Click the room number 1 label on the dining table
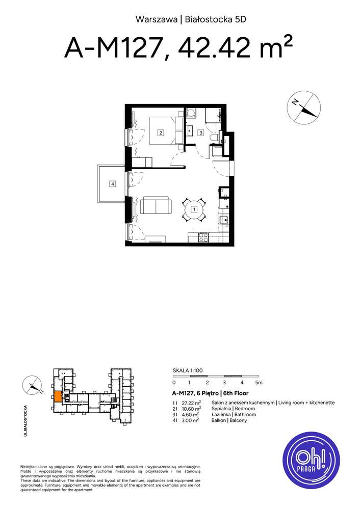coord(194,209)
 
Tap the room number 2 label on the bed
coord(161,133)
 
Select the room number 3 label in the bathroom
coord(201,133)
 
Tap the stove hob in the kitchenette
coord(203,236)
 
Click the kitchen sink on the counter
coord(224,220)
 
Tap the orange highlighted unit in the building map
coord(58,396)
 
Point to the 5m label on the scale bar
coord(259,382)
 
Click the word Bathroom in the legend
coord(243,415)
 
